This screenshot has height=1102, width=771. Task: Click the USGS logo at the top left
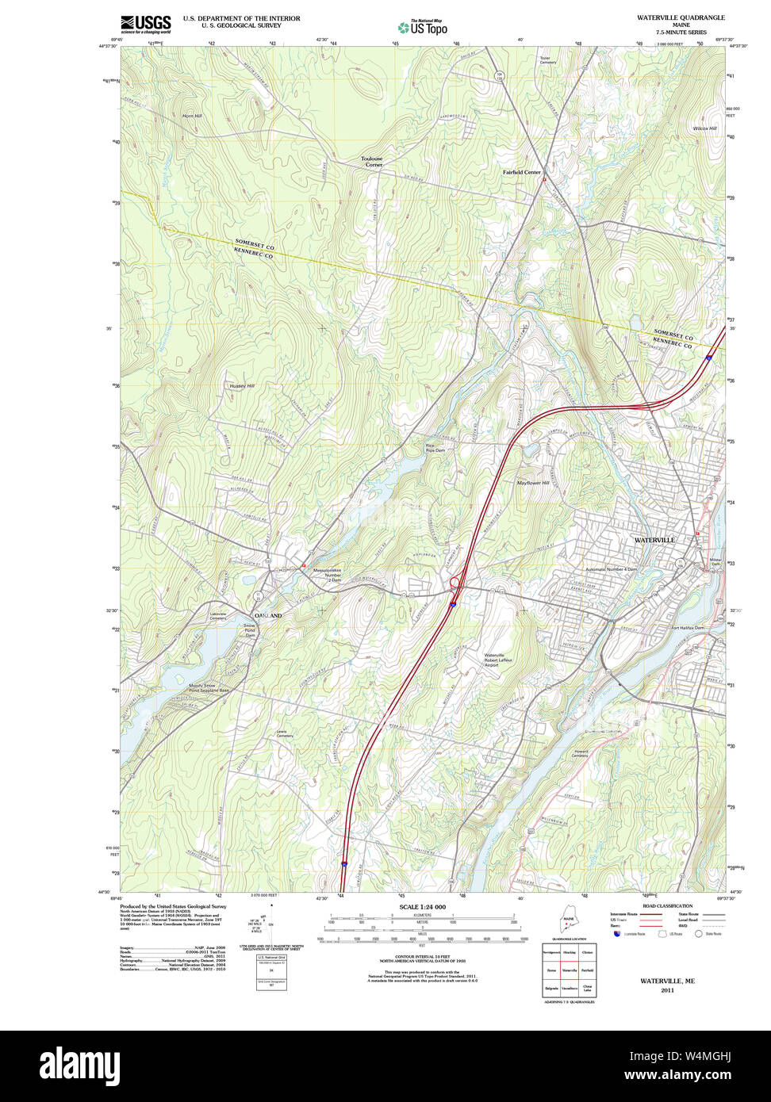coord(146,23)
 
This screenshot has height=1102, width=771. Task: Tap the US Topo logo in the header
coord(423,27)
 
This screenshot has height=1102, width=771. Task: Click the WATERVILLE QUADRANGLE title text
coord(680,17)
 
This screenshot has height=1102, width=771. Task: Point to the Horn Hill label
coord(192,116)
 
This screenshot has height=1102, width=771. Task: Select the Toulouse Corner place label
coord(371,162)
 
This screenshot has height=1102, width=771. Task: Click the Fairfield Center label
coord(521,172)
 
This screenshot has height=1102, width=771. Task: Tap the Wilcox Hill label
coord(704,128)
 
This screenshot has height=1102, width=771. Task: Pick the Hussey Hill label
coord(242,386)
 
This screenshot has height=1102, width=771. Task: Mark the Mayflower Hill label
coord(533,483)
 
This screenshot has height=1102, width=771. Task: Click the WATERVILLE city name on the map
coord(654,540)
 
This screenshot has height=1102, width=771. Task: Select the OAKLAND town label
coord(267,616)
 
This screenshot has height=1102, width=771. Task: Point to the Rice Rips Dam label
coord(435,448)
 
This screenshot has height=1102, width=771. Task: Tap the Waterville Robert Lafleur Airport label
coord(499,660)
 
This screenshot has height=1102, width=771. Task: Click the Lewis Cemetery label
coord(285,733)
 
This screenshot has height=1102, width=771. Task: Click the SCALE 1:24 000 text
coord(423,906)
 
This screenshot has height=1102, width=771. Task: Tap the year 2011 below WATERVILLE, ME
coord(667,990)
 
